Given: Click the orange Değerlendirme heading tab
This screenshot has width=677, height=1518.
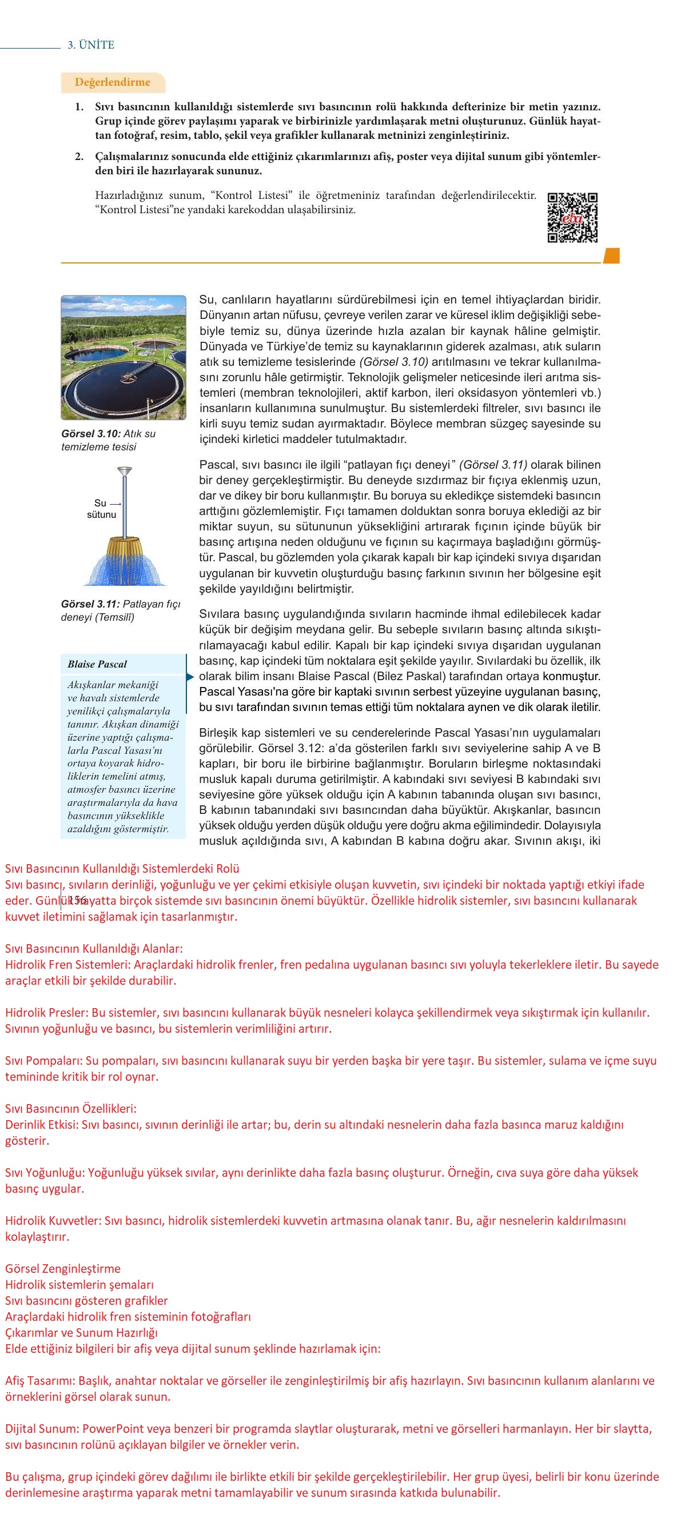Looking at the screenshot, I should click(112, 82).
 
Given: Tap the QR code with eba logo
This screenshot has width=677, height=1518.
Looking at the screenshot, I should click(572, 217).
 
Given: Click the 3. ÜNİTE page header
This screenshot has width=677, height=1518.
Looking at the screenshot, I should click(91, 45).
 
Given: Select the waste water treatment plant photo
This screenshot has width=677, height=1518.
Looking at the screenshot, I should click(124, 357).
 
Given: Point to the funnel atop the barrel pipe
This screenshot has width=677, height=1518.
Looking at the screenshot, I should click(124, 472).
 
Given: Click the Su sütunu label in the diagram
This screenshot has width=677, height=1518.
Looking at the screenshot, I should click(101, 509).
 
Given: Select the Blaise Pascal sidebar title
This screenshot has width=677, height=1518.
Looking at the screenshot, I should click(97, 664).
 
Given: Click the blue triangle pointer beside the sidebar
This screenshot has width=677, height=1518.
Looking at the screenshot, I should click(190, 677).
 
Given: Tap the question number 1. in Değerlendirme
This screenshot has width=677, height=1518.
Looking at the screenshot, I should click(79, 107).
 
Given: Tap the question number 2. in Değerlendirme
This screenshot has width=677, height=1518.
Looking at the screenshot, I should click(79, 157).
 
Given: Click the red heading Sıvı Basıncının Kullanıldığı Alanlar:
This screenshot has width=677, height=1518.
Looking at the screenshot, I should click(94, 949).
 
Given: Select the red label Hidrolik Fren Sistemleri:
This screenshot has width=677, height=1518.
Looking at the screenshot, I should click(68, 965).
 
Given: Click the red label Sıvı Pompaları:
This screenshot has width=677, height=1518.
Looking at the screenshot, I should click(44, 1061).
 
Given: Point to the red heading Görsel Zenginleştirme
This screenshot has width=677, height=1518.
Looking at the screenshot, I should click(62, 1269).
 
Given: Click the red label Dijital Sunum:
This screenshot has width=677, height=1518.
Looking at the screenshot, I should click(42, 1428).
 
